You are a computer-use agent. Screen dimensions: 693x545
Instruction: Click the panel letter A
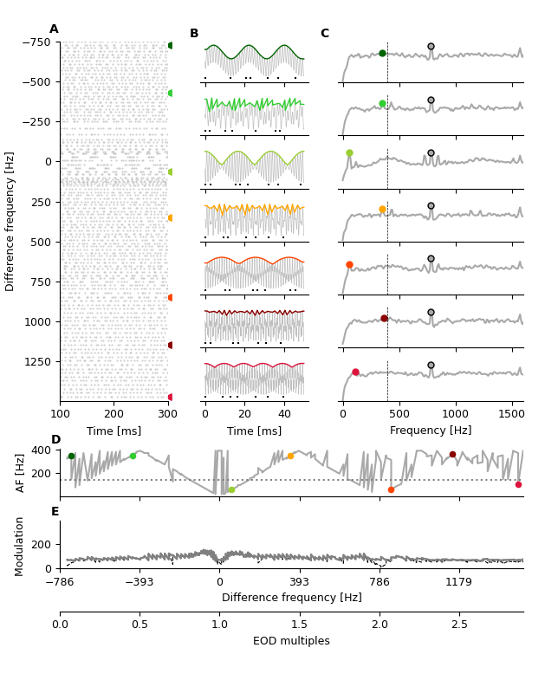pos(54,29)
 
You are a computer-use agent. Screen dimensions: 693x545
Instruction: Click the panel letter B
pos(194,34)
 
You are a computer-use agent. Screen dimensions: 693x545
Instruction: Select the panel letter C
pos(324,34)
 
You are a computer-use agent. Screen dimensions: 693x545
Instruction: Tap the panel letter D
pos(55,440)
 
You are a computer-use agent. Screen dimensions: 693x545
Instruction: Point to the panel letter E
pos(55,512)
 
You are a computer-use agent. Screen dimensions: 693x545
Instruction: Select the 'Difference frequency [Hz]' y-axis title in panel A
pos(10,221)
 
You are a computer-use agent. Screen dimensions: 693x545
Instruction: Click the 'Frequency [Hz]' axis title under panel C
pos(431,431)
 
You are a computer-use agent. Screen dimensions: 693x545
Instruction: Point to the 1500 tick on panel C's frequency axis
pos(512,415)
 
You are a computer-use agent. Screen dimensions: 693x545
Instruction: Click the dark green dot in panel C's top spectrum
pos(382,53)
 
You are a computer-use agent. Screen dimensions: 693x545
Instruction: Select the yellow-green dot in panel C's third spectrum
pos(349,153)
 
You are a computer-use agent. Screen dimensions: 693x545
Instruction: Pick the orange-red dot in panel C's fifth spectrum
pos(349,265)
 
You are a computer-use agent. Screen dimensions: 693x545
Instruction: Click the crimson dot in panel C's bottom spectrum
pos(355,372)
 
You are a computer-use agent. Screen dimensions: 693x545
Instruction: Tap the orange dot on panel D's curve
pos(290,456)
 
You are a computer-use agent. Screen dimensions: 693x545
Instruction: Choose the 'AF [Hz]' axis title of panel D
pos(21,472)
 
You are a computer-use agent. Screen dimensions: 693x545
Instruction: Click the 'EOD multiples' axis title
pos(291,641)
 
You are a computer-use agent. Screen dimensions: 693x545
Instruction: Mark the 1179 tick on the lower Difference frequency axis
pos(459,582)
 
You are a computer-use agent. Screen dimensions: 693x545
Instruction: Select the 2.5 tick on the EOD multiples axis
pos(459,625)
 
